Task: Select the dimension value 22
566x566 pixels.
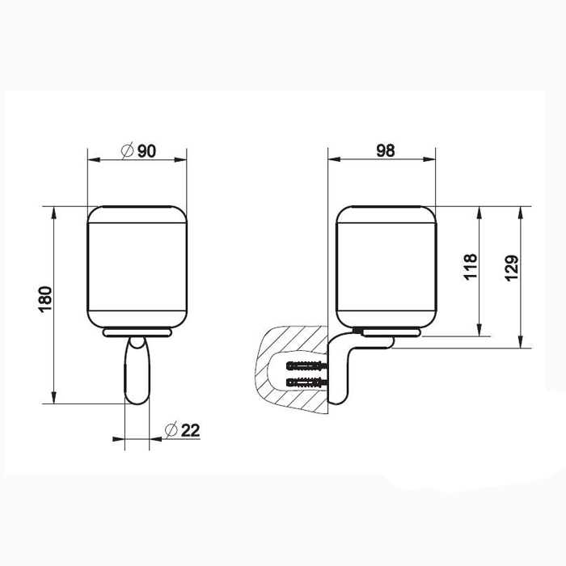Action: tap(191, 431)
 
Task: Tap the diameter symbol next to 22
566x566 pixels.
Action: tap(171, 431)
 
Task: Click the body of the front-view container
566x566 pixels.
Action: tap(137, 267)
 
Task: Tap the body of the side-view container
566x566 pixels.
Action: tap(385, 267)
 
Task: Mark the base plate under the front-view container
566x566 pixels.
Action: tap(137, 332)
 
